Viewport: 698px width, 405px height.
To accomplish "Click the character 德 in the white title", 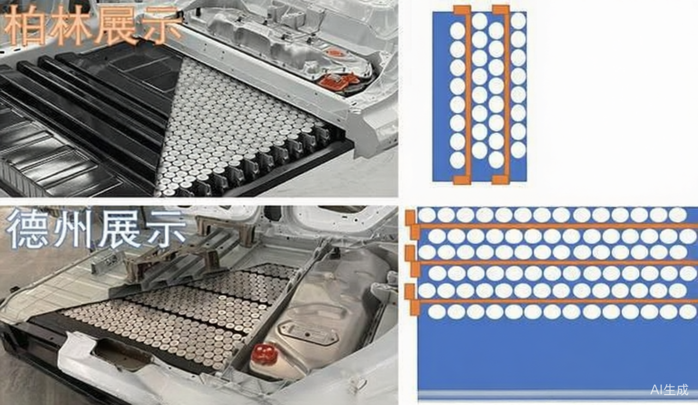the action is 27,229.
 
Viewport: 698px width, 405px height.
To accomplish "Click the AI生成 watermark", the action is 669,390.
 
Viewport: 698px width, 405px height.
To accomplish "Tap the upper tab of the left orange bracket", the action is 462,10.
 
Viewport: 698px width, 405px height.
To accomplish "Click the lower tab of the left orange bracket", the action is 462,180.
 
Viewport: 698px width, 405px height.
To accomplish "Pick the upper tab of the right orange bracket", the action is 501,10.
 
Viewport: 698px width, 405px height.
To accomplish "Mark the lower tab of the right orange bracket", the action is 501,180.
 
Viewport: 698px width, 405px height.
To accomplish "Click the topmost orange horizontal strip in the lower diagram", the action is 558,225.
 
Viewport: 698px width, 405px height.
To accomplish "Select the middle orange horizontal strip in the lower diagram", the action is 558,263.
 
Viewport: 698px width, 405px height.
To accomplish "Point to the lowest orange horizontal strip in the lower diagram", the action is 558,301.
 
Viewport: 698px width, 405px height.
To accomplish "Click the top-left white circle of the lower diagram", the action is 427,215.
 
